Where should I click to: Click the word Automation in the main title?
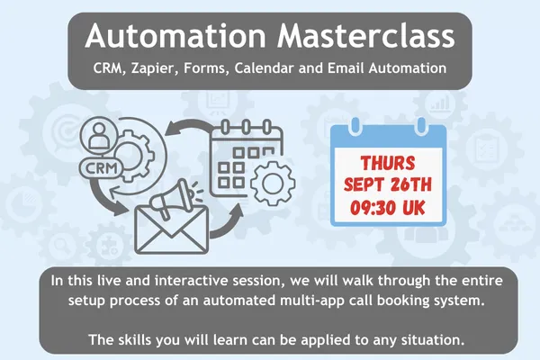pyautogui.click(x=175, y=35)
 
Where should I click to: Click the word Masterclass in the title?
pyautogui.click(x=366, y=35)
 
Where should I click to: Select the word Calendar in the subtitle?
pyautogui.click(x=265, y=67)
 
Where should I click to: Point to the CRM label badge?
pyautogui.click(x=101, y=168)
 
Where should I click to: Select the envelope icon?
pyautogui.click(x=172, y=229)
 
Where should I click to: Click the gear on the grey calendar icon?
pyautogui.click(x=273, y=184)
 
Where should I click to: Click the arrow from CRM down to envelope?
pyautogui.click(x=103, y=200)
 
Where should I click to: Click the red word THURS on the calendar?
pyautogui.click(x=387, y=163)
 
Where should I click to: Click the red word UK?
pyautogui.click(x=414, y=208)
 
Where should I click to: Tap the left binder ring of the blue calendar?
pyautogui.click(x=355, y=126)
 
